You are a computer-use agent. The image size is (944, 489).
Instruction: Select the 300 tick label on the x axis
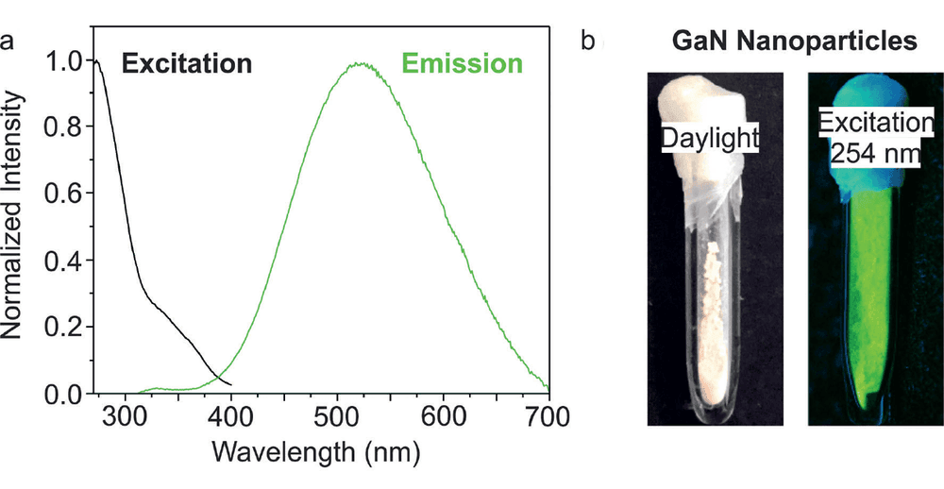point(125,416)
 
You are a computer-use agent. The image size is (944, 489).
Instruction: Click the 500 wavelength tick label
point(337,416)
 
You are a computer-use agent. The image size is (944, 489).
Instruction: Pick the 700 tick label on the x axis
point(548,416)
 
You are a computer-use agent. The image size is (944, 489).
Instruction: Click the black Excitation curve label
point(186,63)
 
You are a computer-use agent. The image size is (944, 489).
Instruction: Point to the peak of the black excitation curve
point(97,60)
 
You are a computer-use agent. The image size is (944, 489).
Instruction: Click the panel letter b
point(589,40)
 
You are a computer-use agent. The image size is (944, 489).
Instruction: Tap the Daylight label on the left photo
point(708,137)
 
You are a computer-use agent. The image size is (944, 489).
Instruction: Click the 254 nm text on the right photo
point(875,154)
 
